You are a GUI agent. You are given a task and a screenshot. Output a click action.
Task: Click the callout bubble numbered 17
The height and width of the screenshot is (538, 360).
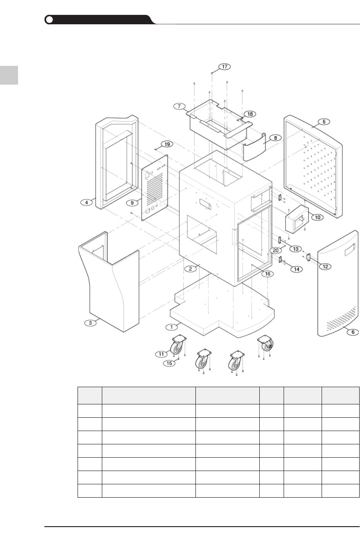(225, 67)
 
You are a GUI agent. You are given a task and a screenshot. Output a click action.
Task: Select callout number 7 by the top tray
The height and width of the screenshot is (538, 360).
(179, 107)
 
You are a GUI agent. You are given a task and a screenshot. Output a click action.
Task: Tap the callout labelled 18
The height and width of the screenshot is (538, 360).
(250, 114)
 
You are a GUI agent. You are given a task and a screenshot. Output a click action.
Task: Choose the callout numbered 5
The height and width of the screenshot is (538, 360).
(324, 121)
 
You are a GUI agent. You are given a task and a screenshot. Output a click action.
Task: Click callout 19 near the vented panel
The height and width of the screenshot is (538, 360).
(167, 144)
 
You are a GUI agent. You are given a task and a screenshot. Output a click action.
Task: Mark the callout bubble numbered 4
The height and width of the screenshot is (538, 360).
(86, 202)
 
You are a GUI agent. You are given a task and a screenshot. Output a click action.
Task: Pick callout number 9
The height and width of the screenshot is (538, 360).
(132, 203)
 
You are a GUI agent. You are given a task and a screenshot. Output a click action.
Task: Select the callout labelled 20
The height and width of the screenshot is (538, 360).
(276, 250)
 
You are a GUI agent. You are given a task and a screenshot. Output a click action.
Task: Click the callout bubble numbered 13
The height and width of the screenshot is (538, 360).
(295, 249)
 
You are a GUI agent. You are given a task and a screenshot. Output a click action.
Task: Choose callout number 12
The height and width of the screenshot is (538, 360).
(325, 266)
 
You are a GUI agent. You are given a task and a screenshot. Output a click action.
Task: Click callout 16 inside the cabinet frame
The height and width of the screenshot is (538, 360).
(268, 274)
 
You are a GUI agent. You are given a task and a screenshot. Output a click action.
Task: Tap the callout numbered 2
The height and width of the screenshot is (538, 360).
(190, 269)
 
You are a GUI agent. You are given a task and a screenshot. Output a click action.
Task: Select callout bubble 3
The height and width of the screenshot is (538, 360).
(90, 323)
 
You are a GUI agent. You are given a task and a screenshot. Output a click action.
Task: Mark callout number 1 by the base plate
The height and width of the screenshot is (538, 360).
(171, 326)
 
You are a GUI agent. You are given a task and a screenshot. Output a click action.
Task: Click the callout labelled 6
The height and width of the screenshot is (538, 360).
(353, 332)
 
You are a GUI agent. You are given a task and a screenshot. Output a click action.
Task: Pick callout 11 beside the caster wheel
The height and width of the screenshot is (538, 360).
(161, 354)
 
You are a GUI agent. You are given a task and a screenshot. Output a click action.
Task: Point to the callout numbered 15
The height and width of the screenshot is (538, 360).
(169, 363)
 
